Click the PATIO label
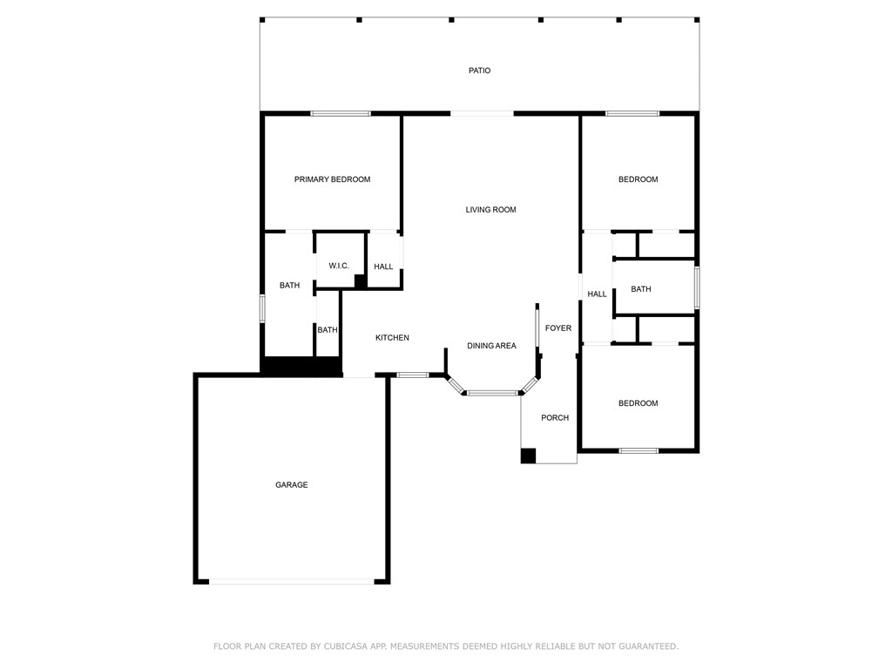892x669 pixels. pos(480,71)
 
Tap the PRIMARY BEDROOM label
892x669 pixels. pos(332,179)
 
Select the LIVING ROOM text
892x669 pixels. pos(491,209)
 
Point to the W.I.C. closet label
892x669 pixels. pos(339,266)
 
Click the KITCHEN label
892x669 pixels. pos(392,337)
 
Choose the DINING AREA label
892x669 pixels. pos(491,345)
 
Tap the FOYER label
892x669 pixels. pos(558,328)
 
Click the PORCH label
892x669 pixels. pos(555,417)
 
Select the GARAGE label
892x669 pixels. pos(291,484)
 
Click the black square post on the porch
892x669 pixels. pos(528,456)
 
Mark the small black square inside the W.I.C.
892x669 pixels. pos(360,281)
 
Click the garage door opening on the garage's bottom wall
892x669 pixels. pos(291,581)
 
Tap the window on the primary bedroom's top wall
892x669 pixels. pos(341,114)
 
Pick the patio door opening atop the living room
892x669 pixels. pos(482,114)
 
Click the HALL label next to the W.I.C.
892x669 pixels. pos(383,267)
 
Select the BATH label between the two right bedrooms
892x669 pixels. pos(640,289)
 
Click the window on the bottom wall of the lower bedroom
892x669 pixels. pos(639,450)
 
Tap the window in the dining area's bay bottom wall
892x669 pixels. pos(493,393)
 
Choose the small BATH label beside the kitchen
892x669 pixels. pos(328,330)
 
